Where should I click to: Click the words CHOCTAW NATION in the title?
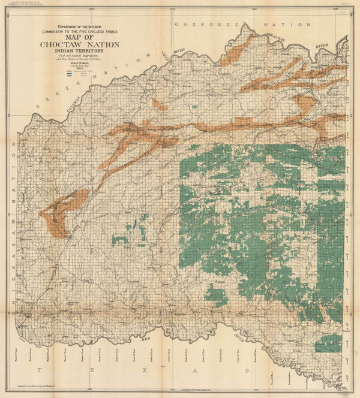(79, 44)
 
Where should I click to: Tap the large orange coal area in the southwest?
(60, 211)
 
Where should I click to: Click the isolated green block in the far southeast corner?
(329, 343)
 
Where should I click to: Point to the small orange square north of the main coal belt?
(160, 104)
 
